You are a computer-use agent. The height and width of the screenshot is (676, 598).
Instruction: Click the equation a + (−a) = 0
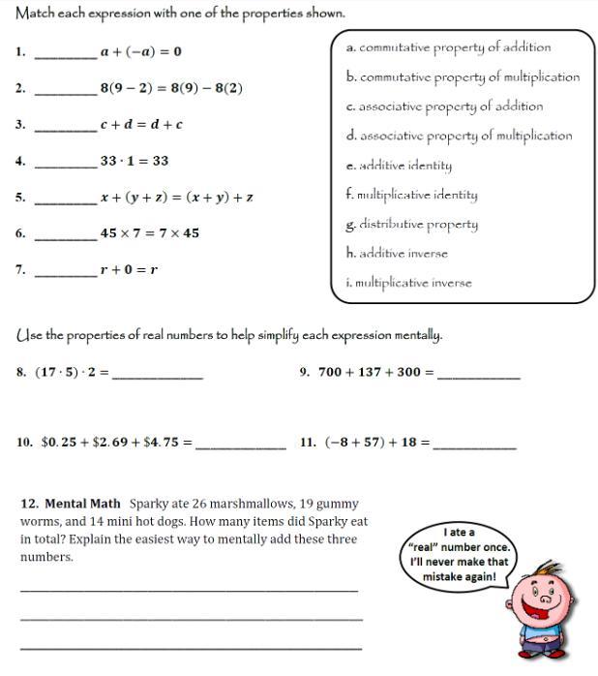(x=140, y=51)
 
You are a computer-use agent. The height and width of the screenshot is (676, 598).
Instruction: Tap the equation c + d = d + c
(x=141, y=124)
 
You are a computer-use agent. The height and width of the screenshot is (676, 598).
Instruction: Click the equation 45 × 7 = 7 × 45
(x=149, y=233)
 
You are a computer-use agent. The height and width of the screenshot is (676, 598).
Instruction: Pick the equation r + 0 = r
(x=129, y=270)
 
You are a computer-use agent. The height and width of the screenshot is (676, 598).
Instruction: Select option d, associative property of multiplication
(x=459, y=137)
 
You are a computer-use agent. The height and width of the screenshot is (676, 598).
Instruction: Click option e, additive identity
(x=399, y=166)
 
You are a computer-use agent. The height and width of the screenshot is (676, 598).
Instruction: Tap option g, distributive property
(x=411, y=225)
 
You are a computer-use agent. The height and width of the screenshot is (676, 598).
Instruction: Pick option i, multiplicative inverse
(x=408, y=284)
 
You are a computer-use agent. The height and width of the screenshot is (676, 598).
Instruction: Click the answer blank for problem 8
(x=158, y=376)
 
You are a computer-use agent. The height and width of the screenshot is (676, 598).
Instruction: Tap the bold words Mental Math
(x=82, y=504)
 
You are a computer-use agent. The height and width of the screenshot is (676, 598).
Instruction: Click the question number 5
(x=20, y=198)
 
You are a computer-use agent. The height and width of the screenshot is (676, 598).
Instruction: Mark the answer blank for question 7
(x=66, y=275)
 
